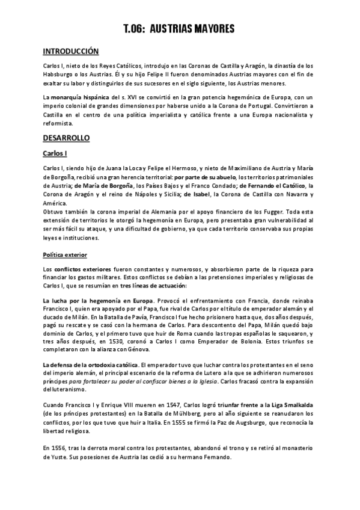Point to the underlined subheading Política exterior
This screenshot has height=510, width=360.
tap(66, 255)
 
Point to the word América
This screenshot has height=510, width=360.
tap(58, 203)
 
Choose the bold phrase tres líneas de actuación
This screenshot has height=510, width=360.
tap(153, 286)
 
